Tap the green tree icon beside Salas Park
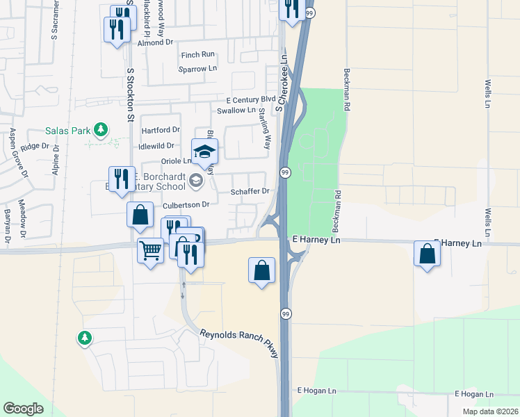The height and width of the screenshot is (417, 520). tap(101, 129)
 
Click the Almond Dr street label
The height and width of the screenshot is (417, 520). tap(155, 43)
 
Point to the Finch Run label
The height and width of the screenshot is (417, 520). tap(197, 55)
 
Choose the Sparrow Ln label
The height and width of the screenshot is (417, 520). tap(197, 69)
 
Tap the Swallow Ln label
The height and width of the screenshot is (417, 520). tap(236, 111)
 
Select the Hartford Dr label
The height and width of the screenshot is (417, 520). tap(161, 130)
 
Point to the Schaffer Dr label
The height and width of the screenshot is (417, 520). tap(250, 191)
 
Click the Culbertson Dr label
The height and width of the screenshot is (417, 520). tap(186, 205)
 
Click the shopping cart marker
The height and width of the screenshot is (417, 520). tap(150, 251)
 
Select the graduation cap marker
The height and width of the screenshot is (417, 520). tap(205, 152)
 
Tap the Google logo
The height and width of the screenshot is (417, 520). tap(24, 409)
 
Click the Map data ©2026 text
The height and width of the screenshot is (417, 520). tap(491, 411)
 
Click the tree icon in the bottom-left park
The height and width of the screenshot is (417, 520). tap(84, 338)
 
